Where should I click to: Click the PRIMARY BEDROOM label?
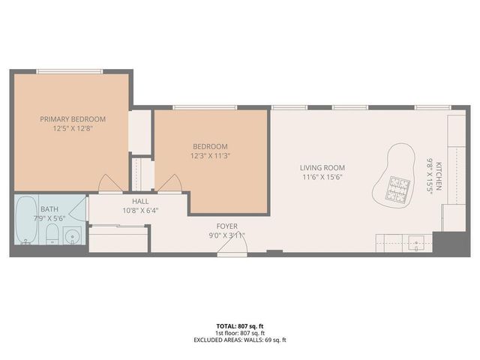[73, 118]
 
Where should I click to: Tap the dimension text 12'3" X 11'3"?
[210, 155]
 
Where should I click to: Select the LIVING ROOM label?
[322, 167]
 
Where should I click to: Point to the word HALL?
[140, 201]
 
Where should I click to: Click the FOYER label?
[227, 225]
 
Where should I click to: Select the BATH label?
[49, 209]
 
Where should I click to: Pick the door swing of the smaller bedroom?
[170, 184]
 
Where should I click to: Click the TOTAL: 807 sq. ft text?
[239, 325]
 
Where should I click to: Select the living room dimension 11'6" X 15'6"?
[322, 177]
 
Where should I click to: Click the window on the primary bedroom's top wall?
[72, 71]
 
